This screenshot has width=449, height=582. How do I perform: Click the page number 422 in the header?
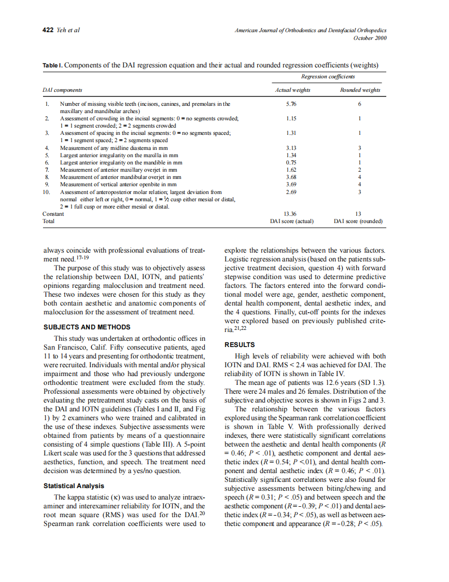point(48,30)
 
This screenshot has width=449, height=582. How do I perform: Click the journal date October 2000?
point(370,38)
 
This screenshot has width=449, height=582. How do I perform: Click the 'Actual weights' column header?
point(292,90)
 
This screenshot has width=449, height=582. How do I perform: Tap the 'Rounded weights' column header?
point(360,90)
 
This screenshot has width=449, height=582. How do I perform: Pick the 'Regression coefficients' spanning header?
point(328,77)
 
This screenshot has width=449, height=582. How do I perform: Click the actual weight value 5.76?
point(291,104)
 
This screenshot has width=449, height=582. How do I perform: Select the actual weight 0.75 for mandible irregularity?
point(291,162)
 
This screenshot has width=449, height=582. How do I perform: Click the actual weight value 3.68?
point(291,177)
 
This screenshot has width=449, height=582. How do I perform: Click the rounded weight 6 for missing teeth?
point(359,104)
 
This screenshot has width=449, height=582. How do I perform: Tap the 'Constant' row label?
point(53,214)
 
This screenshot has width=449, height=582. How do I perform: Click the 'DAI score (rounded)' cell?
point(358,221)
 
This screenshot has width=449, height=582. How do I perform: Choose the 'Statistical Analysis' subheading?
point(74,486)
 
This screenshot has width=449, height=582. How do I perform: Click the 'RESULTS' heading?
point(240,345)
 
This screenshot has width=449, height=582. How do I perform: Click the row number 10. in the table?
point(47,191)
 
